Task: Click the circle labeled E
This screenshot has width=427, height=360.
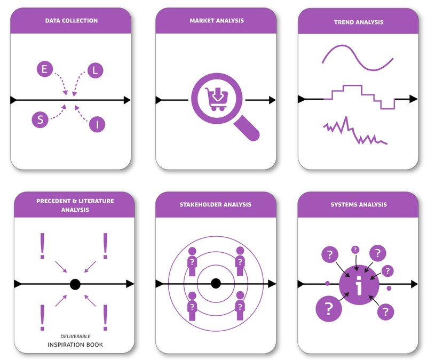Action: tap(44, 69)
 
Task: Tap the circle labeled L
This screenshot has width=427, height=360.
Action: tap(95, 70)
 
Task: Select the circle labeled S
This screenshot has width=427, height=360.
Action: tap(39, 119)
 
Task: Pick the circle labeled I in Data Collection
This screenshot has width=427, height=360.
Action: tap(97, 125)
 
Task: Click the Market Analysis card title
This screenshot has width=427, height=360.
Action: tap(216, 21)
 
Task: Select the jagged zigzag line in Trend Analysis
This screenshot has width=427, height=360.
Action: tap(355, 133)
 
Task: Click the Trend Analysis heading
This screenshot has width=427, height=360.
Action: tap(358, 22)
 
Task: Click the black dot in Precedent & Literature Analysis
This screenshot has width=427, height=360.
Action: tap(75, 284)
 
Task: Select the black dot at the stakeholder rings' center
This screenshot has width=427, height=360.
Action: tap(216, 283)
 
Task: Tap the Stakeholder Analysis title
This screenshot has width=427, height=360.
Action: tap(216, 204)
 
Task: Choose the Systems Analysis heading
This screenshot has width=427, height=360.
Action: tap(358, 204)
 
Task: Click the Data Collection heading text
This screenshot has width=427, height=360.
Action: tap(72, 21)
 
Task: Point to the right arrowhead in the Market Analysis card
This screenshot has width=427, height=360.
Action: tap(272, 100)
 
